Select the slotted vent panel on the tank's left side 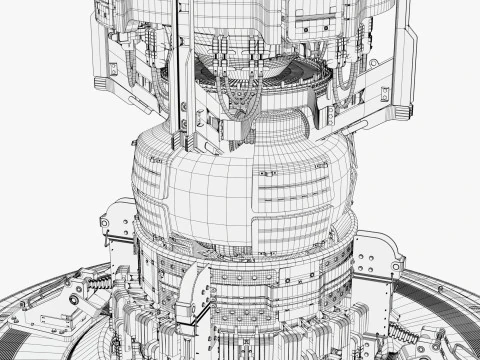(x=150, y=190)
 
